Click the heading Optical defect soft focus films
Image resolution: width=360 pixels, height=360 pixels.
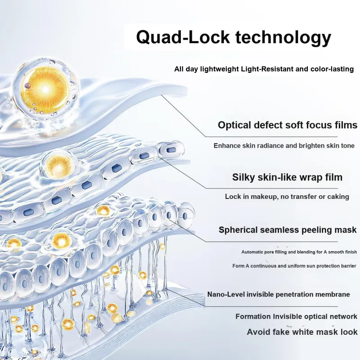[x=288, y=125]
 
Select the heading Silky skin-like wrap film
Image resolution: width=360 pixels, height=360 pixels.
[x=287, y=177]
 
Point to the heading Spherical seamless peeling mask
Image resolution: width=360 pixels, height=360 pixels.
[x=288, y=230]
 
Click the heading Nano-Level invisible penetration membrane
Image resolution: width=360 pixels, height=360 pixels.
[x=279, y=294]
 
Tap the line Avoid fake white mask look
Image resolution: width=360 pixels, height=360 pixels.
[x=302, y=332]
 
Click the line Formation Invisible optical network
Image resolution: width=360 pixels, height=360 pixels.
[x=296, y=317]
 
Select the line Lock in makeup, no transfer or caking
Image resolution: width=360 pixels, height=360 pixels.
[x=287, y=197]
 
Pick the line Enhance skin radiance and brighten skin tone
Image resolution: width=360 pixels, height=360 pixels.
[x=284, y=145]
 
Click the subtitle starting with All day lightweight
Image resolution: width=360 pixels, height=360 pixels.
[x=264, y=69]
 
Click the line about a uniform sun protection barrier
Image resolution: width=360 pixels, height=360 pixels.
[x=294, y=266]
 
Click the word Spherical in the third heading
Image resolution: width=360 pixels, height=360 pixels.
[x=240, y=230]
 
